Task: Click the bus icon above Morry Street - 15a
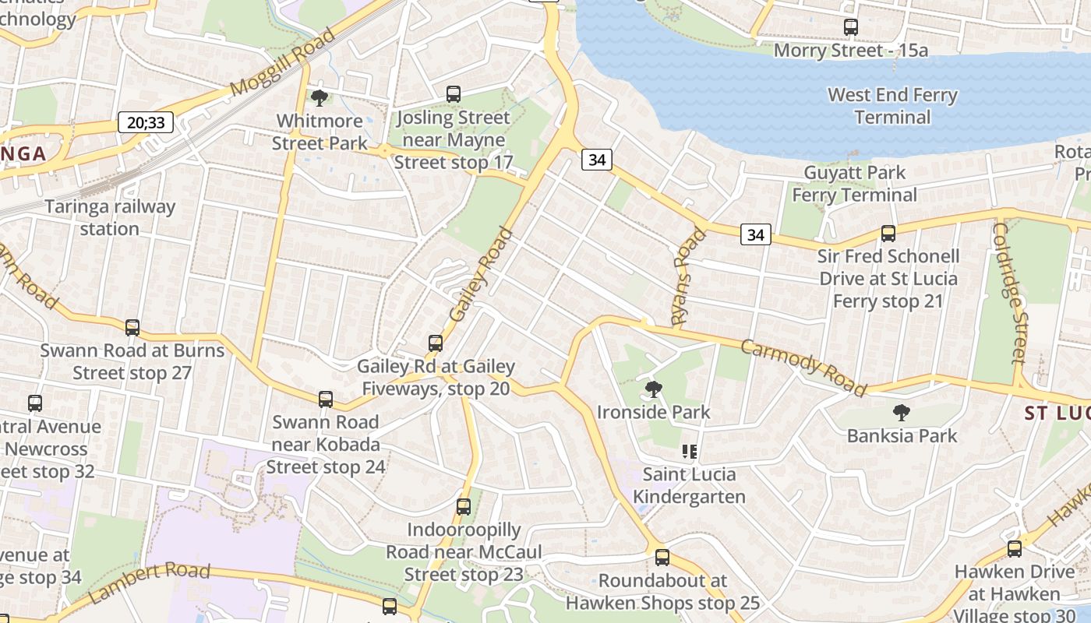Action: point(851,27)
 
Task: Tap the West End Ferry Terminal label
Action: point(892,106)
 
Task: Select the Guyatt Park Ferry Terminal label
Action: point(854,184)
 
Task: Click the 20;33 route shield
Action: point(146,122)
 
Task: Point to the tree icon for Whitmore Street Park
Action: point(319,98)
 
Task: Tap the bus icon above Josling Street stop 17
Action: point(454,94)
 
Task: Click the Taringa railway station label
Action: point(110,218)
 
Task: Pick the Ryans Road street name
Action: point(687,276)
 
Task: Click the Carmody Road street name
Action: point(803,368)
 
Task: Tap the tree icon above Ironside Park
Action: point(654,389)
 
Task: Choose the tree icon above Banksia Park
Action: point(902,412)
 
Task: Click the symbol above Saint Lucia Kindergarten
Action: point(689,452)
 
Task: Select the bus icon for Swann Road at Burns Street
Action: point(132,328)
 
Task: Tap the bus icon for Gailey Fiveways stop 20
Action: point(436,343)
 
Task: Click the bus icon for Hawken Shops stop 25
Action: point(662,558)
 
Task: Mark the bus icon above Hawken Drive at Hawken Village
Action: point(1014,549)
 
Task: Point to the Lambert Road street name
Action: point(150,582)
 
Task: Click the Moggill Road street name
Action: point(284,62)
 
